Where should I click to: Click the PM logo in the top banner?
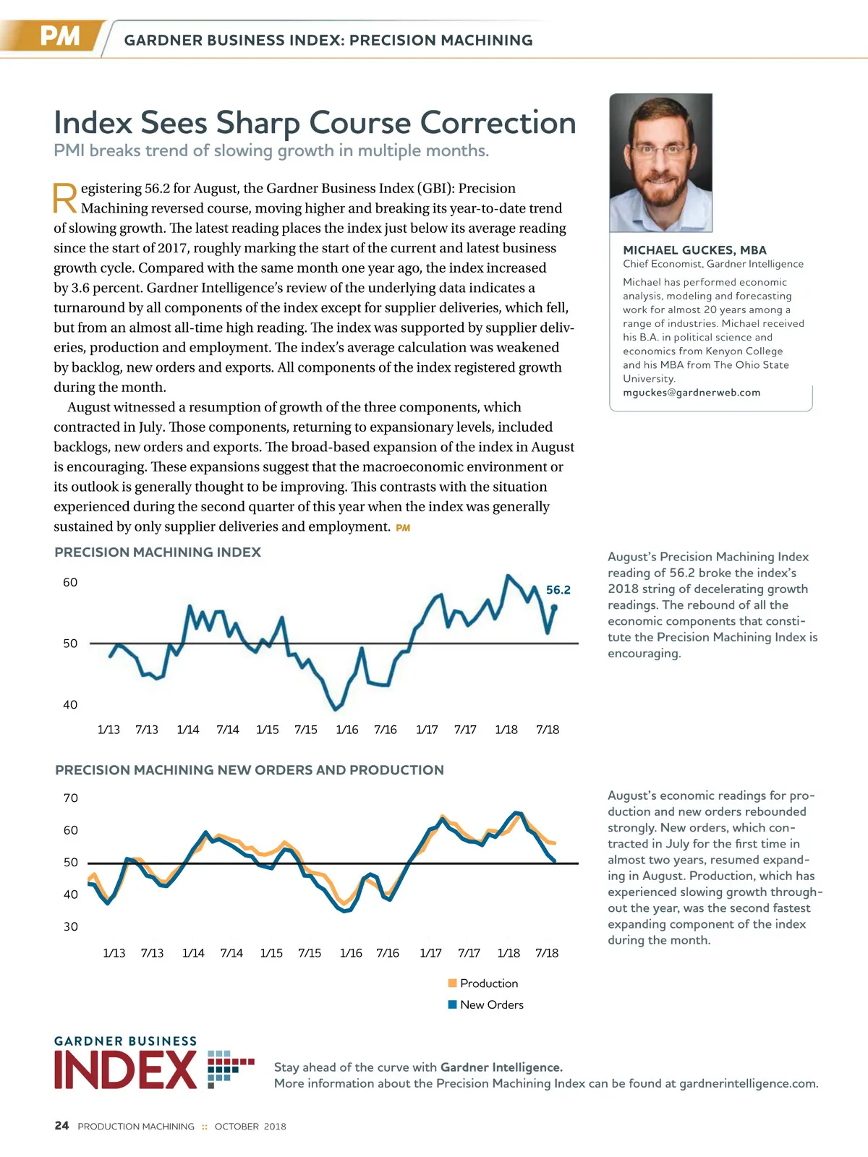(x=59, y=35)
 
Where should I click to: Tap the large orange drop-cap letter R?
(x=65, y=198)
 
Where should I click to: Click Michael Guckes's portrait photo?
(x=660, y=163)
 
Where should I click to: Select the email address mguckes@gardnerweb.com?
(x=692, y=393)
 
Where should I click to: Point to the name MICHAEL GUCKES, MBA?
(x=694, y=250)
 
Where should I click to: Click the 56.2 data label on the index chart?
(x=558, y=590)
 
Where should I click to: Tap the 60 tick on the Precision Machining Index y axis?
(x=70, y=583)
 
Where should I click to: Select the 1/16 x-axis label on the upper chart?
(x=347, y=730)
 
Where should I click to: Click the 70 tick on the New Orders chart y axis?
(x=71, y=798)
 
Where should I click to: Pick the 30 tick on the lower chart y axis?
(x=71, y=927)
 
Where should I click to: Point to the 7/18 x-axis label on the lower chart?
(x=547, y=953)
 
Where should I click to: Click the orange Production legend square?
(x=453, y=983)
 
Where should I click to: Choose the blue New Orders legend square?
(x=453, y=1004)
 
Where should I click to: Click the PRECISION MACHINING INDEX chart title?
(x=158, y=552)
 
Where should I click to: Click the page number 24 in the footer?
(x=62, y=1126)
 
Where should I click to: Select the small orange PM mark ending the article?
(x=403, y=528)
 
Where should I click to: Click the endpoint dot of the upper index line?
(x=554, y=607)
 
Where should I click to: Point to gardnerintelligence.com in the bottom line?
(x=748, y=1083)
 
